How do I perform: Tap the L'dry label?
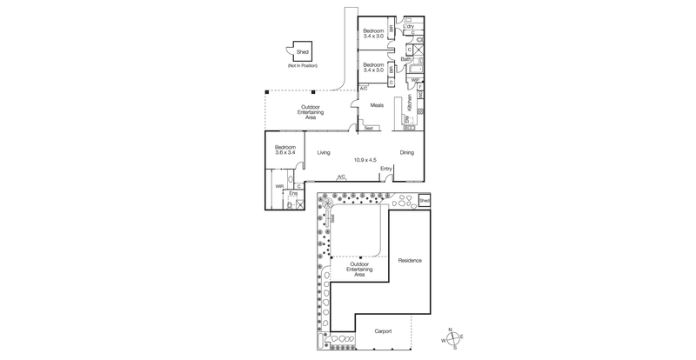(409, 28)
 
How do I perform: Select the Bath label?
(405, 59)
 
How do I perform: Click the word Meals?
(377, 105)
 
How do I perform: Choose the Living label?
(324, 153)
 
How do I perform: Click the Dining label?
(406, 153)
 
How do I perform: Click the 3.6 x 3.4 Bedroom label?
(286, 150)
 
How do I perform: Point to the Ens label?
(292, 193)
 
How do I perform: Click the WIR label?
(279, 185)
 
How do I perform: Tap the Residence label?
(410, 261)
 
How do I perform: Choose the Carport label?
(384, 331)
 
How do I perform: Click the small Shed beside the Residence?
(425, 201)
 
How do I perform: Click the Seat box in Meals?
(369, 129)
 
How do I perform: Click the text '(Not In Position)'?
(304, 67)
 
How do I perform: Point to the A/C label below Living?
(342, 177)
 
